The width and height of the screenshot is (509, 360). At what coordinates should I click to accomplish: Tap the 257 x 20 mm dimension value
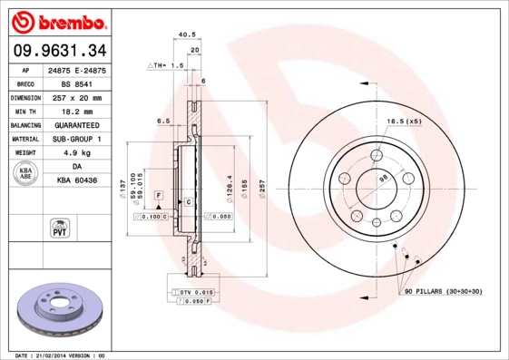(75, 97)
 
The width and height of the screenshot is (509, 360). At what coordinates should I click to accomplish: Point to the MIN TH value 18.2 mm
(75, 111)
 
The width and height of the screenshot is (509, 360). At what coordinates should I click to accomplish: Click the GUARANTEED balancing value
(75, 125)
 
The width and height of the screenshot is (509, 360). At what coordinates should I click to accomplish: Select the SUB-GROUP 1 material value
(75, 139)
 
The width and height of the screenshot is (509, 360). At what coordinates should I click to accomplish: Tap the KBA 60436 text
(75, 181)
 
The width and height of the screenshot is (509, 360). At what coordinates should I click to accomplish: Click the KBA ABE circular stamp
(26, 174)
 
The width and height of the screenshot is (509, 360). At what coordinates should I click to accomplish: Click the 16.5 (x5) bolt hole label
(401, 121)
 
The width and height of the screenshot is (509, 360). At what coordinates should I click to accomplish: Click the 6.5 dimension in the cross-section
(164, 121)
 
